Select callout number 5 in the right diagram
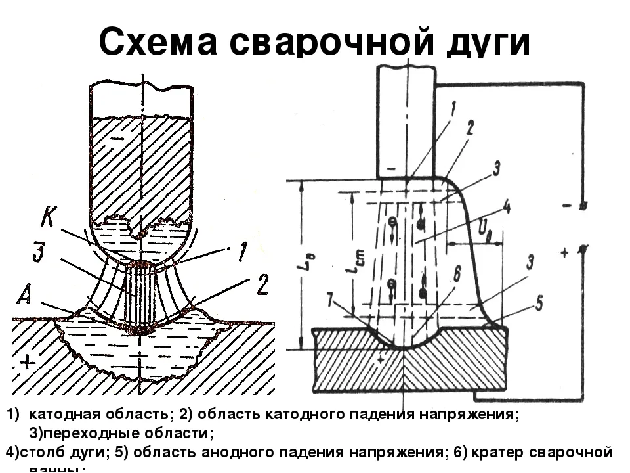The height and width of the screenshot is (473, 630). (x=538, y=303)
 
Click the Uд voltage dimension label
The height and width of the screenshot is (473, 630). (x=484, y=229)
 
